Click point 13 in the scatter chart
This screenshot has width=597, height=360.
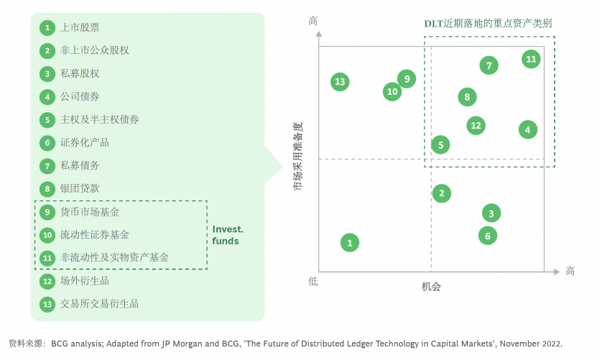340,81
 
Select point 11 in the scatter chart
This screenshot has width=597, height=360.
531,59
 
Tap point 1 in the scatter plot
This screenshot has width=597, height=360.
349,242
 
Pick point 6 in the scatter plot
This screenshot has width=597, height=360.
488,235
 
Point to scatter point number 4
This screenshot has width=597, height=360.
527,129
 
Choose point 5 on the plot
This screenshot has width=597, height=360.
440,144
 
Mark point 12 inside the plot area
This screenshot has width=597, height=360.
475,125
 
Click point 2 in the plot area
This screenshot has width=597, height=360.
441,193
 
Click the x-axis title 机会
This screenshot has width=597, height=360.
431,287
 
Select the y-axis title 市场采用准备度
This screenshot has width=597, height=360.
298,156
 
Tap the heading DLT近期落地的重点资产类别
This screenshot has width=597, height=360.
488,23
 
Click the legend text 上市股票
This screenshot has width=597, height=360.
80,28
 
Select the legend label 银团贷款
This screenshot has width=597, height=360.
80,189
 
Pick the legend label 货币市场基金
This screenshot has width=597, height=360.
90,212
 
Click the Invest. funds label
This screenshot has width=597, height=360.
228,235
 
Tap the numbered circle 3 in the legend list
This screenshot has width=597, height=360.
47,74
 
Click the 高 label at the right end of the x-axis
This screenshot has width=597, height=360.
570,271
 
